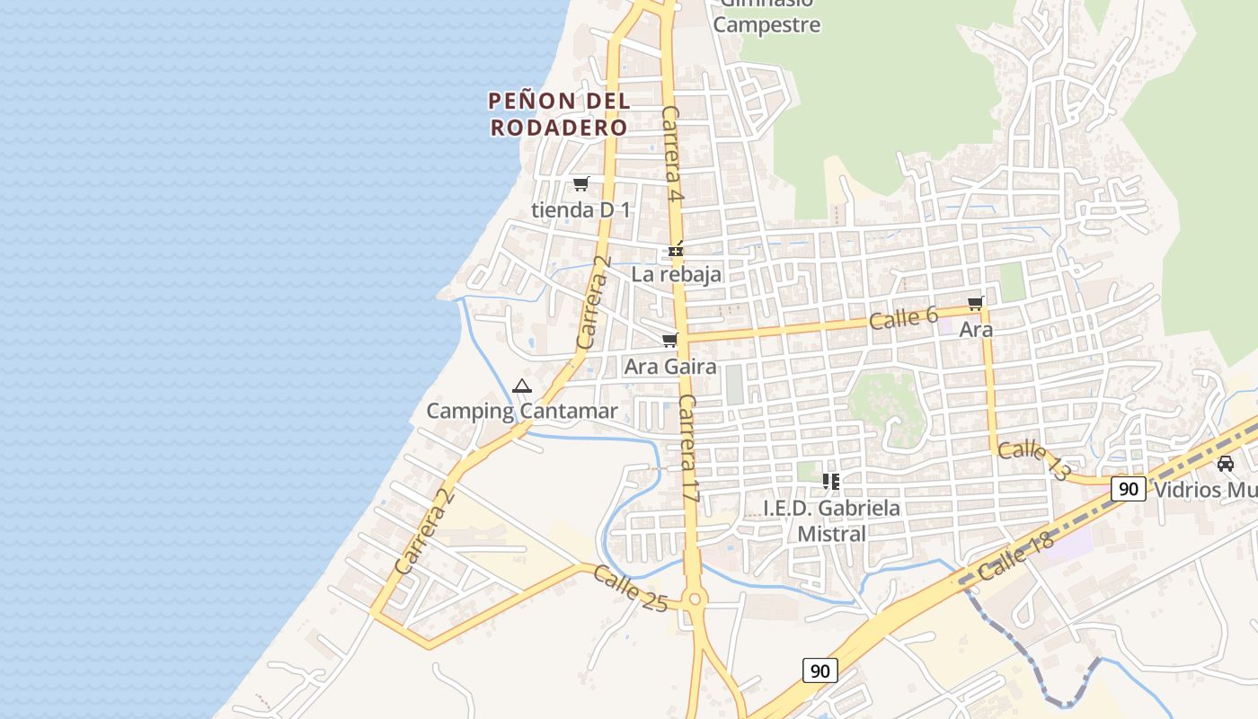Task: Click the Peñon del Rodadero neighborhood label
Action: (558, 114)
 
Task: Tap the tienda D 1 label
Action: (581, 210)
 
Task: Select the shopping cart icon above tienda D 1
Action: (580, 184)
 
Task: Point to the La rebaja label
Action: (676, 274)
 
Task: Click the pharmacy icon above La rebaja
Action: (676, 250)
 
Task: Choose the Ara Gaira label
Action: (670, 367)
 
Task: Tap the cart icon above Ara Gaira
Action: (669, 341)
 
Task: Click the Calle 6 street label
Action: (903, 317)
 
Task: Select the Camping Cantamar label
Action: (522, 412)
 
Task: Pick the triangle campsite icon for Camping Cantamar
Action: (522, 386)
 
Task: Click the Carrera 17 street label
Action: (688, 447)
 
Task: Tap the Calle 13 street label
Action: (1033, 460)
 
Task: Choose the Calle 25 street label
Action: (631, 589)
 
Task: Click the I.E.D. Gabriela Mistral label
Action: (831, 520)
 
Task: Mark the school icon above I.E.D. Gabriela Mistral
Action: (831, 482)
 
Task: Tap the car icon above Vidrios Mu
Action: (1225, 464)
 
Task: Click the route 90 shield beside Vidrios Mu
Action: (1129, 489)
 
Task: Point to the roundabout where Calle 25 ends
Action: (693, 599)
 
